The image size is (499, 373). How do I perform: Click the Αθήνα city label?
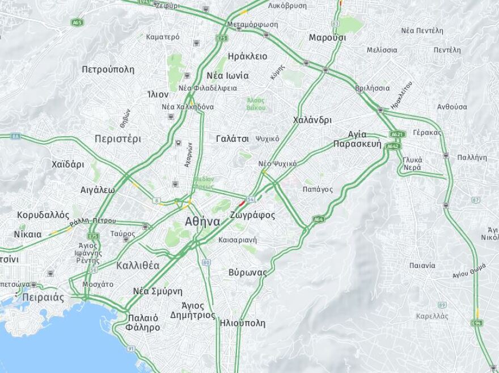tap(202, 221)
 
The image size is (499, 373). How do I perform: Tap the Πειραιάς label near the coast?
tap(43, 297)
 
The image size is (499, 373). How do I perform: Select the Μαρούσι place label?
tap(327, 37)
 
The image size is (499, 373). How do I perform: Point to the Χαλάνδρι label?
tap(312, 120)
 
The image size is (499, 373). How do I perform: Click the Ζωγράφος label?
tap(253, 215)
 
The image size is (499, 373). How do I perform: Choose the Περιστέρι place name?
tap(118, 139)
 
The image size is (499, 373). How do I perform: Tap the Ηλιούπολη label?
tap(242, 323)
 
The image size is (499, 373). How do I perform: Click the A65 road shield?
tap(77, 22)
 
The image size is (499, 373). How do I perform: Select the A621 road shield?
tap(397, 135)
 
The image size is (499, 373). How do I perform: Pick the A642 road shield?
tap(393, 146)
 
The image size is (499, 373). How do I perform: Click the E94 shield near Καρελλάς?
tap(477, 322)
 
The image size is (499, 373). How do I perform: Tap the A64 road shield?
tap(319, 219)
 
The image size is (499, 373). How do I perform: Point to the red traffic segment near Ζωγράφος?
tap(241, 202)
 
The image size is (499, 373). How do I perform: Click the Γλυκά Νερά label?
tap(412, 164)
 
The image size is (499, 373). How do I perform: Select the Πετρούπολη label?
tap(108, 69)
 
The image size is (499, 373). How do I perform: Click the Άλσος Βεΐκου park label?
tap(256, 104)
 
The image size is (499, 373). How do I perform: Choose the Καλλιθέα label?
tap(137, 266)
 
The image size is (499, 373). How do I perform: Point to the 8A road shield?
tap(15, 136)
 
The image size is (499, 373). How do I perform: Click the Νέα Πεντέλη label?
tap(421, 30)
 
